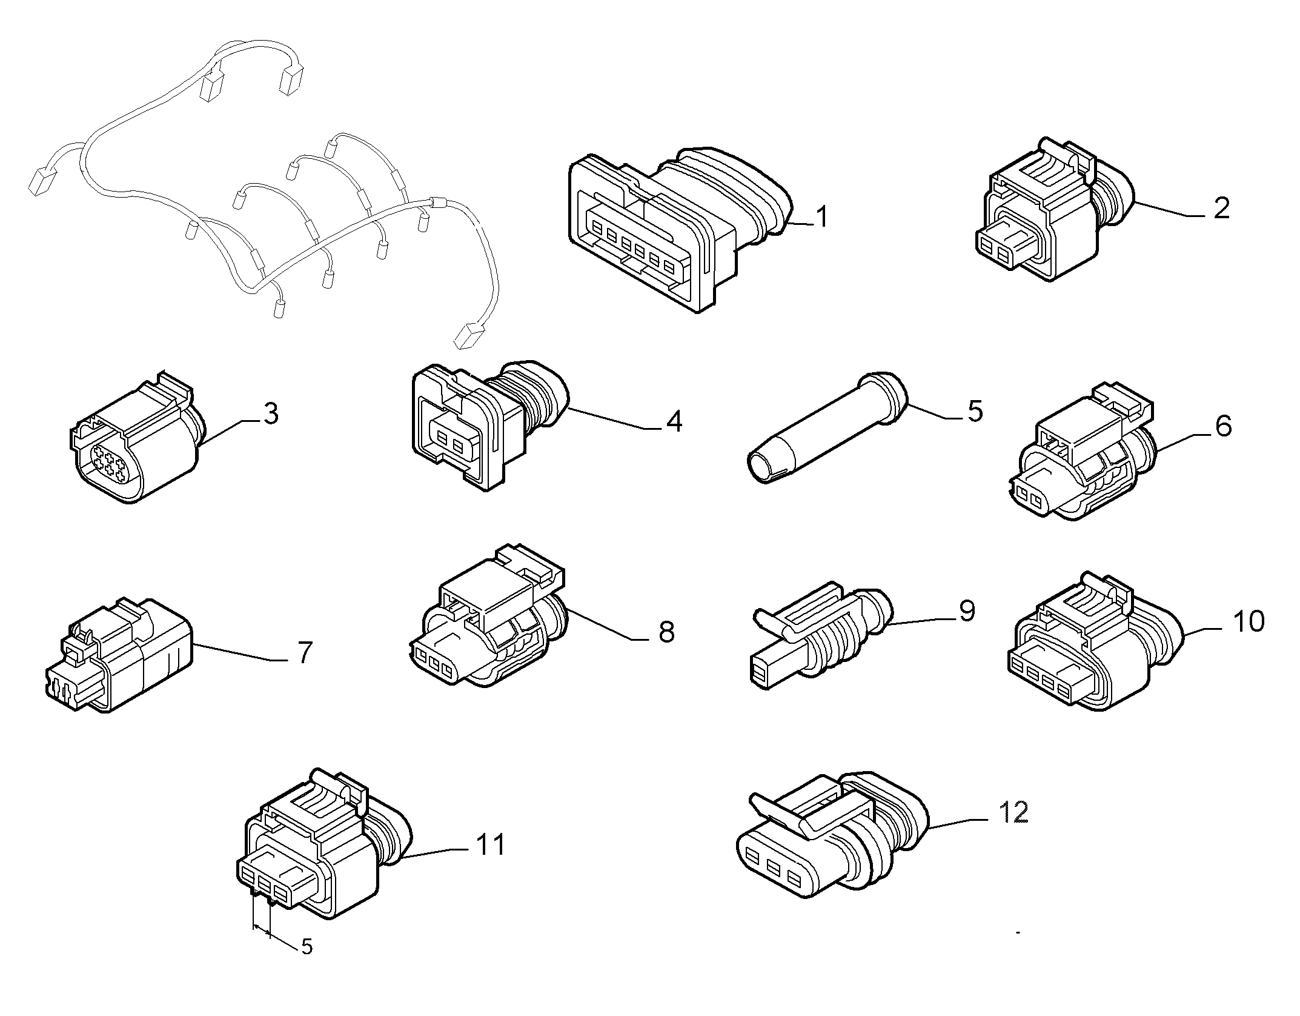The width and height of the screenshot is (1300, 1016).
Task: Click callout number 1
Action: click(821, 216)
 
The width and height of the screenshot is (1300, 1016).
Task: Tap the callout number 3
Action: click(270, 413)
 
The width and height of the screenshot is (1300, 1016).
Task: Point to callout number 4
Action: click(674, 421)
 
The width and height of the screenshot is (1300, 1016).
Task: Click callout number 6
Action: click(1223, 426)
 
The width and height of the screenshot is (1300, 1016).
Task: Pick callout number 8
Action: click(666, 632)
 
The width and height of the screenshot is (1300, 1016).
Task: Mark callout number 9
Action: click(966, 610)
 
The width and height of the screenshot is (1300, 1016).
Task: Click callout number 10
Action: click(1248, 621)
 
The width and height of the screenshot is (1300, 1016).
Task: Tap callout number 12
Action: click(1012, 812)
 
